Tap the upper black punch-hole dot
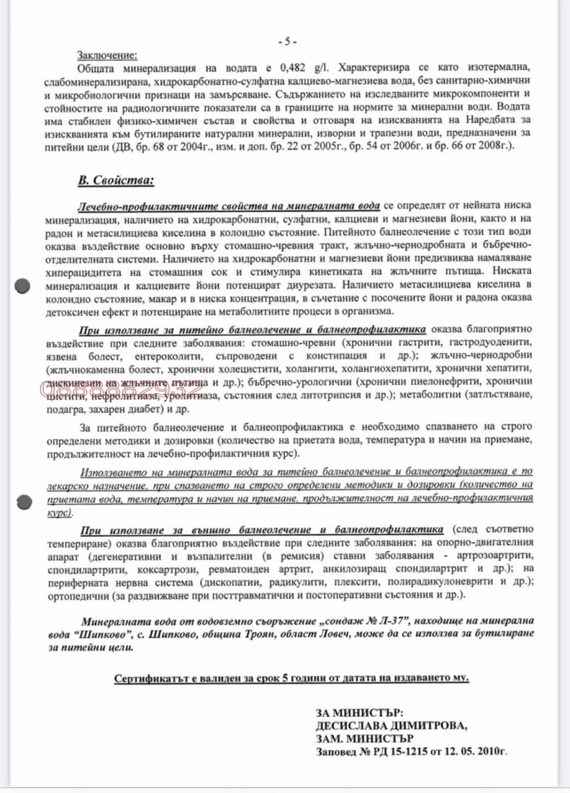click(22, 285)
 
